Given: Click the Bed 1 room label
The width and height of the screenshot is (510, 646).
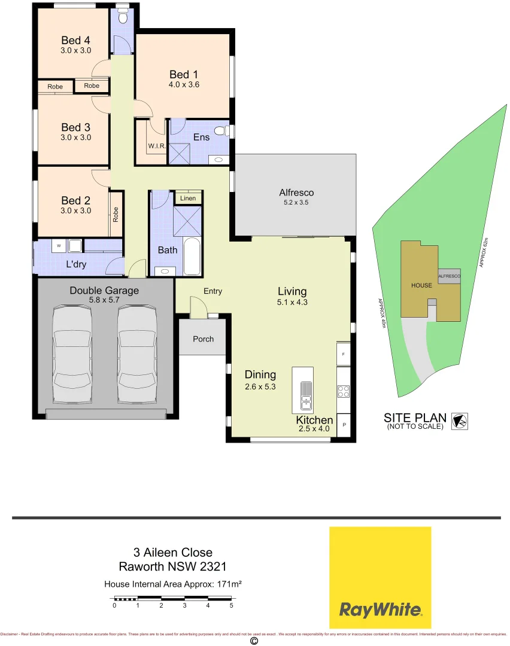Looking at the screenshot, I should pyautogui.click(x=184, y=75).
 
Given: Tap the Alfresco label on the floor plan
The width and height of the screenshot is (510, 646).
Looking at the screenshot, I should pyautogui.click(x=296, y=193).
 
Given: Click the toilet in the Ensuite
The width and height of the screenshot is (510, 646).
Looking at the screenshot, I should pyautogui.click(x=220, y=131).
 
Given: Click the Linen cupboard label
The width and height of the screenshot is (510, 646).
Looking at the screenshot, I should pyautogui.click(x=188, y=198).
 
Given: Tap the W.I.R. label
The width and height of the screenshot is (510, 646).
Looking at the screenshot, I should pyautogui.click(x=156, y=145).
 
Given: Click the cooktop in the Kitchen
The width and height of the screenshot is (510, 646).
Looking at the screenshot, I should pyautogui.click(x=344, y=392).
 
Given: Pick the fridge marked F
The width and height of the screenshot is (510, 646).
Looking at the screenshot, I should pyautogui.click(x=344, y=354).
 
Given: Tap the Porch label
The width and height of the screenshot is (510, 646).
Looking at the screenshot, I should pyautogui.click(x=203, y=339).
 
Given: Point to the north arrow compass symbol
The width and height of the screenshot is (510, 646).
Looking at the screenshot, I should pyautogui.click(x=460, y=421).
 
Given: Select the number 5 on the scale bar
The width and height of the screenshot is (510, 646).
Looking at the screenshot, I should pyautogui.click(x=232, y=605).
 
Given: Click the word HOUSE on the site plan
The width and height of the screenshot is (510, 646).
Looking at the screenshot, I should pyautogui.click(x=421, y=285).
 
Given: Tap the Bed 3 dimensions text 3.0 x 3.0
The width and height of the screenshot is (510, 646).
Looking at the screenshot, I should pyautogui.click(x=75, y=137).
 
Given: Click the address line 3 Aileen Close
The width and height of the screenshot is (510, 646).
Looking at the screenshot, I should pyautogui.click(x=172, y=553).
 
